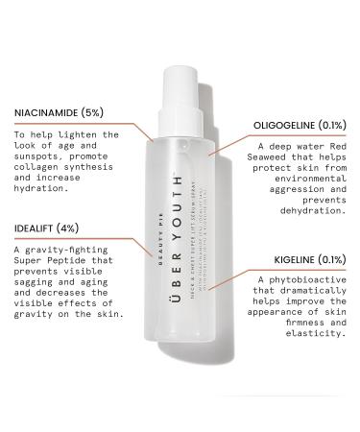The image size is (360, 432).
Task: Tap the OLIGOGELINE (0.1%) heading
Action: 300,125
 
